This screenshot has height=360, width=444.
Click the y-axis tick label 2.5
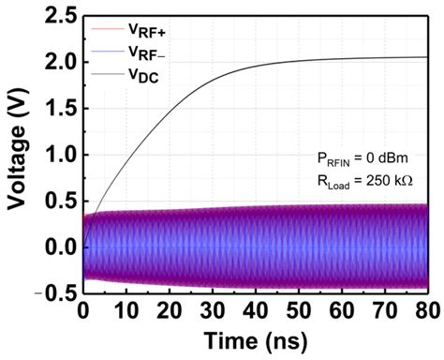[58, 15]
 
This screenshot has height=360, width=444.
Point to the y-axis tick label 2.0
[58, 62]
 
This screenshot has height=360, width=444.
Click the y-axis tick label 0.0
[58, 247]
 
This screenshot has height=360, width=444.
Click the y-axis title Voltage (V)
[16, 155]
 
